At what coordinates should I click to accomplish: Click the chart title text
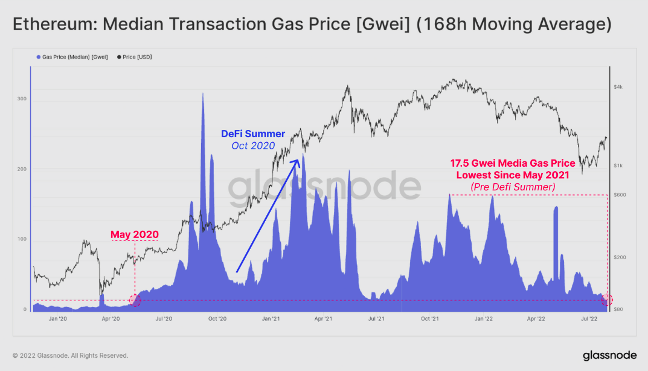click(312, 25)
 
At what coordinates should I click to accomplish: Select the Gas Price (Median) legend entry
click(71, 57)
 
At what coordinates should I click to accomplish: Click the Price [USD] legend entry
click(136, 57)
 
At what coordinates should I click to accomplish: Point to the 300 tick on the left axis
click(22, 98)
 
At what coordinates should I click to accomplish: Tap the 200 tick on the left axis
click(22, 169)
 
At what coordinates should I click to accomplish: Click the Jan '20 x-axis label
click(57, 318)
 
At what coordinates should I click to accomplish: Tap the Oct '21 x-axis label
click(430, 318)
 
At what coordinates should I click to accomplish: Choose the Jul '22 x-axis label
click(590, 318)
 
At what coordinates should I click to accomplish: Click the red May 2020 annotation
click(134, 234)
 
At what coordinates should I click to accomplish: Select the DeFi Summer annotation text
click(253, 134)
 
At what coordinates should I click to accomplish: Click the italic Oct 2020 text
click(253, 146)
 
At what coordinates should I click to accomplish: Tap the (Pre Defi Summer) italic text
click(513, 187)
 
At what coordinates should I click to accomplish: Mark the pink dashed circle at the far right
click(607, 300)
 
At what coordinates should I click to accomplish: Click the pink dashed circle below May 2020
click(135, 300)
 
